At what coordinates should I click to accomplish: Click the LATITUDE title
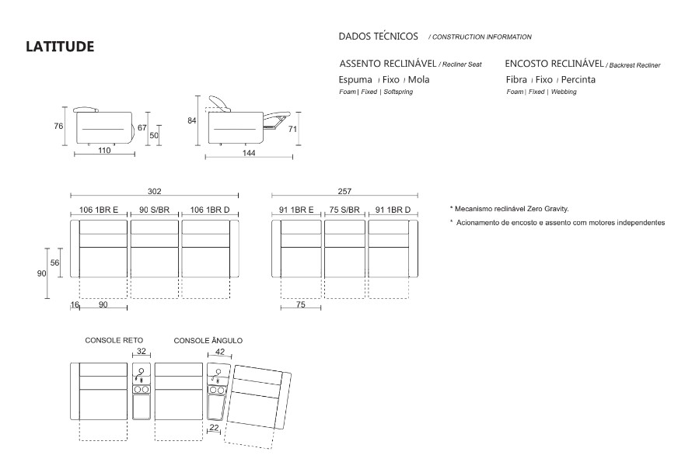pyautogui.click(x=60, y=47)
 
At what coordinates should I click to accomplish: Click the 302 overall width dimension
pyautogui.click(x=154, y=191)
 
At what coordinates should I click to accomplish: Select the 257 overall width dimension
pyautogui.click(x=345, y=191)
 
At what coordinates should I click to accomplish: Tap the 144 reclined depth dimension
pyautogui.click(x=248, y=154)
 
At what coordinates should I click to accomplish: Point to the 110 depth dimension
pyautogui.click(x=104, y=151)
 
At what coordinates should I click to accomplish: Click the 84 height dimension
pyautogui.click(x=191, y=120)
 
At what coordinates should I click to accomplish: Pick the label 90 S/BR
pyautogui.click(x=155, y=210)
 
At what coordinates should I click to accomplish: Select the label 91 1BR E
pyautogui.click(x=297, y=210)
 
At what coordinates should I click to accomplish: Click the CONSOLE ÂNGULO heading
pyautogui.click(x=208, y=340)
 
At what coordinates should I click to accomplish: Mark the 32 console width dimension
pyautogui.click(x=142, y=352)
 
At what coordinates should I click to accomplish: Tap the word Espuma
pyautogui.click(x=356, y=79)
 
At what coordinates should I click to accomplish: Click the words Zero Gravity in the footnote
pyautogui.click(x=548, y=209)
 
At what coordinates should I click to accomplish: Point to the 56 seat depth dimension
pyautogui.click(x=55, y=263)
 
